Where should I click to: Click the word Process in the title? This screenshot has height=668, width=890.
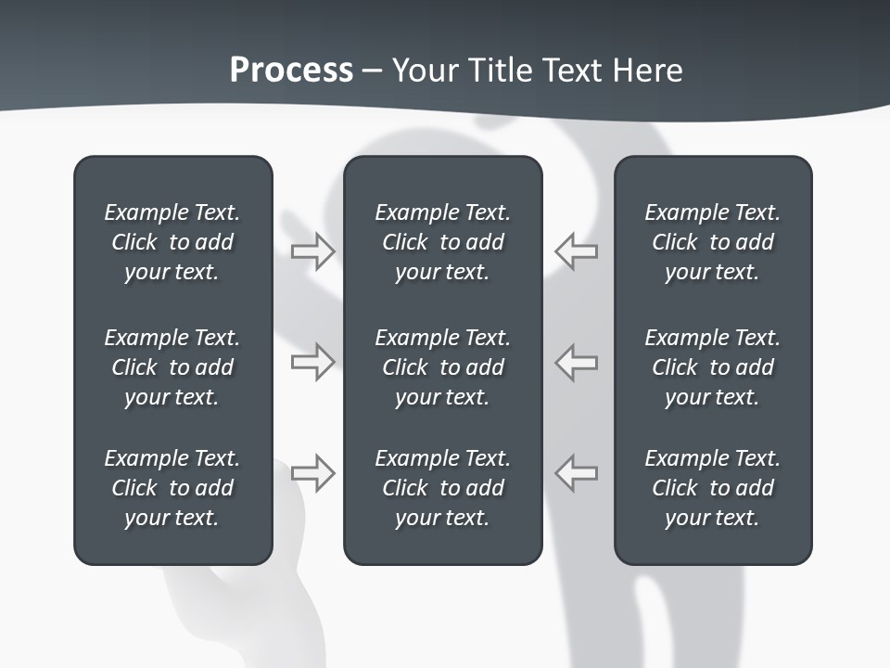click(291, 71)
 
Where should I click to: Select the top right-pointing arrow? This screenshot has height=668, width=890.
click(312, 251)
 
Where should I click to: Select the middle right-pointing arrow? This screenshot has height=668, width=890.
click(312, 361)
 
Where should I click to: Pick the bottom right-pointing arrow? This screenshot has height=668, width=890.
click(312, 472)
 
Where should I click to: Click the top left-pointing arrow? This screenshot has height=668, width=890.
click(576, 251)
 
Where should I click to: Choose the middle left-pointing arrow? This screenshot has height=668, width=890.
click(576, 361)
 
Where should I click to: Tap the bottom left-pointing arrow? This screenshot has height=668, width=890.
click(576, 472)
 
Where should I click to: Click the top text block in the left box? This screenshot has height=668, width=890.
click(172, 242)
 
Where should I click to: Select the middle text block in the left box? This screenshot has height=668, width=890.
click(172, 367)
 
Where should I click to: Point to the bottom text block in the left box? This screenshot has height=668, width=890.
click(172, 488)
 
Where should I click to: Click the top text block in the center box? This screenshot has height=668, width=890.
click(442, 242)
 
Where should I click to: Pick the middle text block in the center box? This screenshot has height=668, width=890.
click(442, 367)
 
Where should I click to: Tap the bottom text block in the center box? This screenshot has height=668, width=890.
click(442, 488)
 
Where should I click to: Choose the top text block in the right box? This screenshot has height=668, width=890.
click(712, 242)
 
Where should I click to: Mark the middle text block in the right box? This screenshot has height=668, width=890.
click(712, 367)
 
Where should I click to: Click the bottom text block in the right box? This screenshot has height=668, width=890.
click(712, 488)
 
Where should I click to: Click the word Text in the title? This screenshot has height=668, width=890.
click(572, 71)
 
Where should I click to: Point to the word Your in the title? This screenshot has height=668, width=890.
click(423, 71)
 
